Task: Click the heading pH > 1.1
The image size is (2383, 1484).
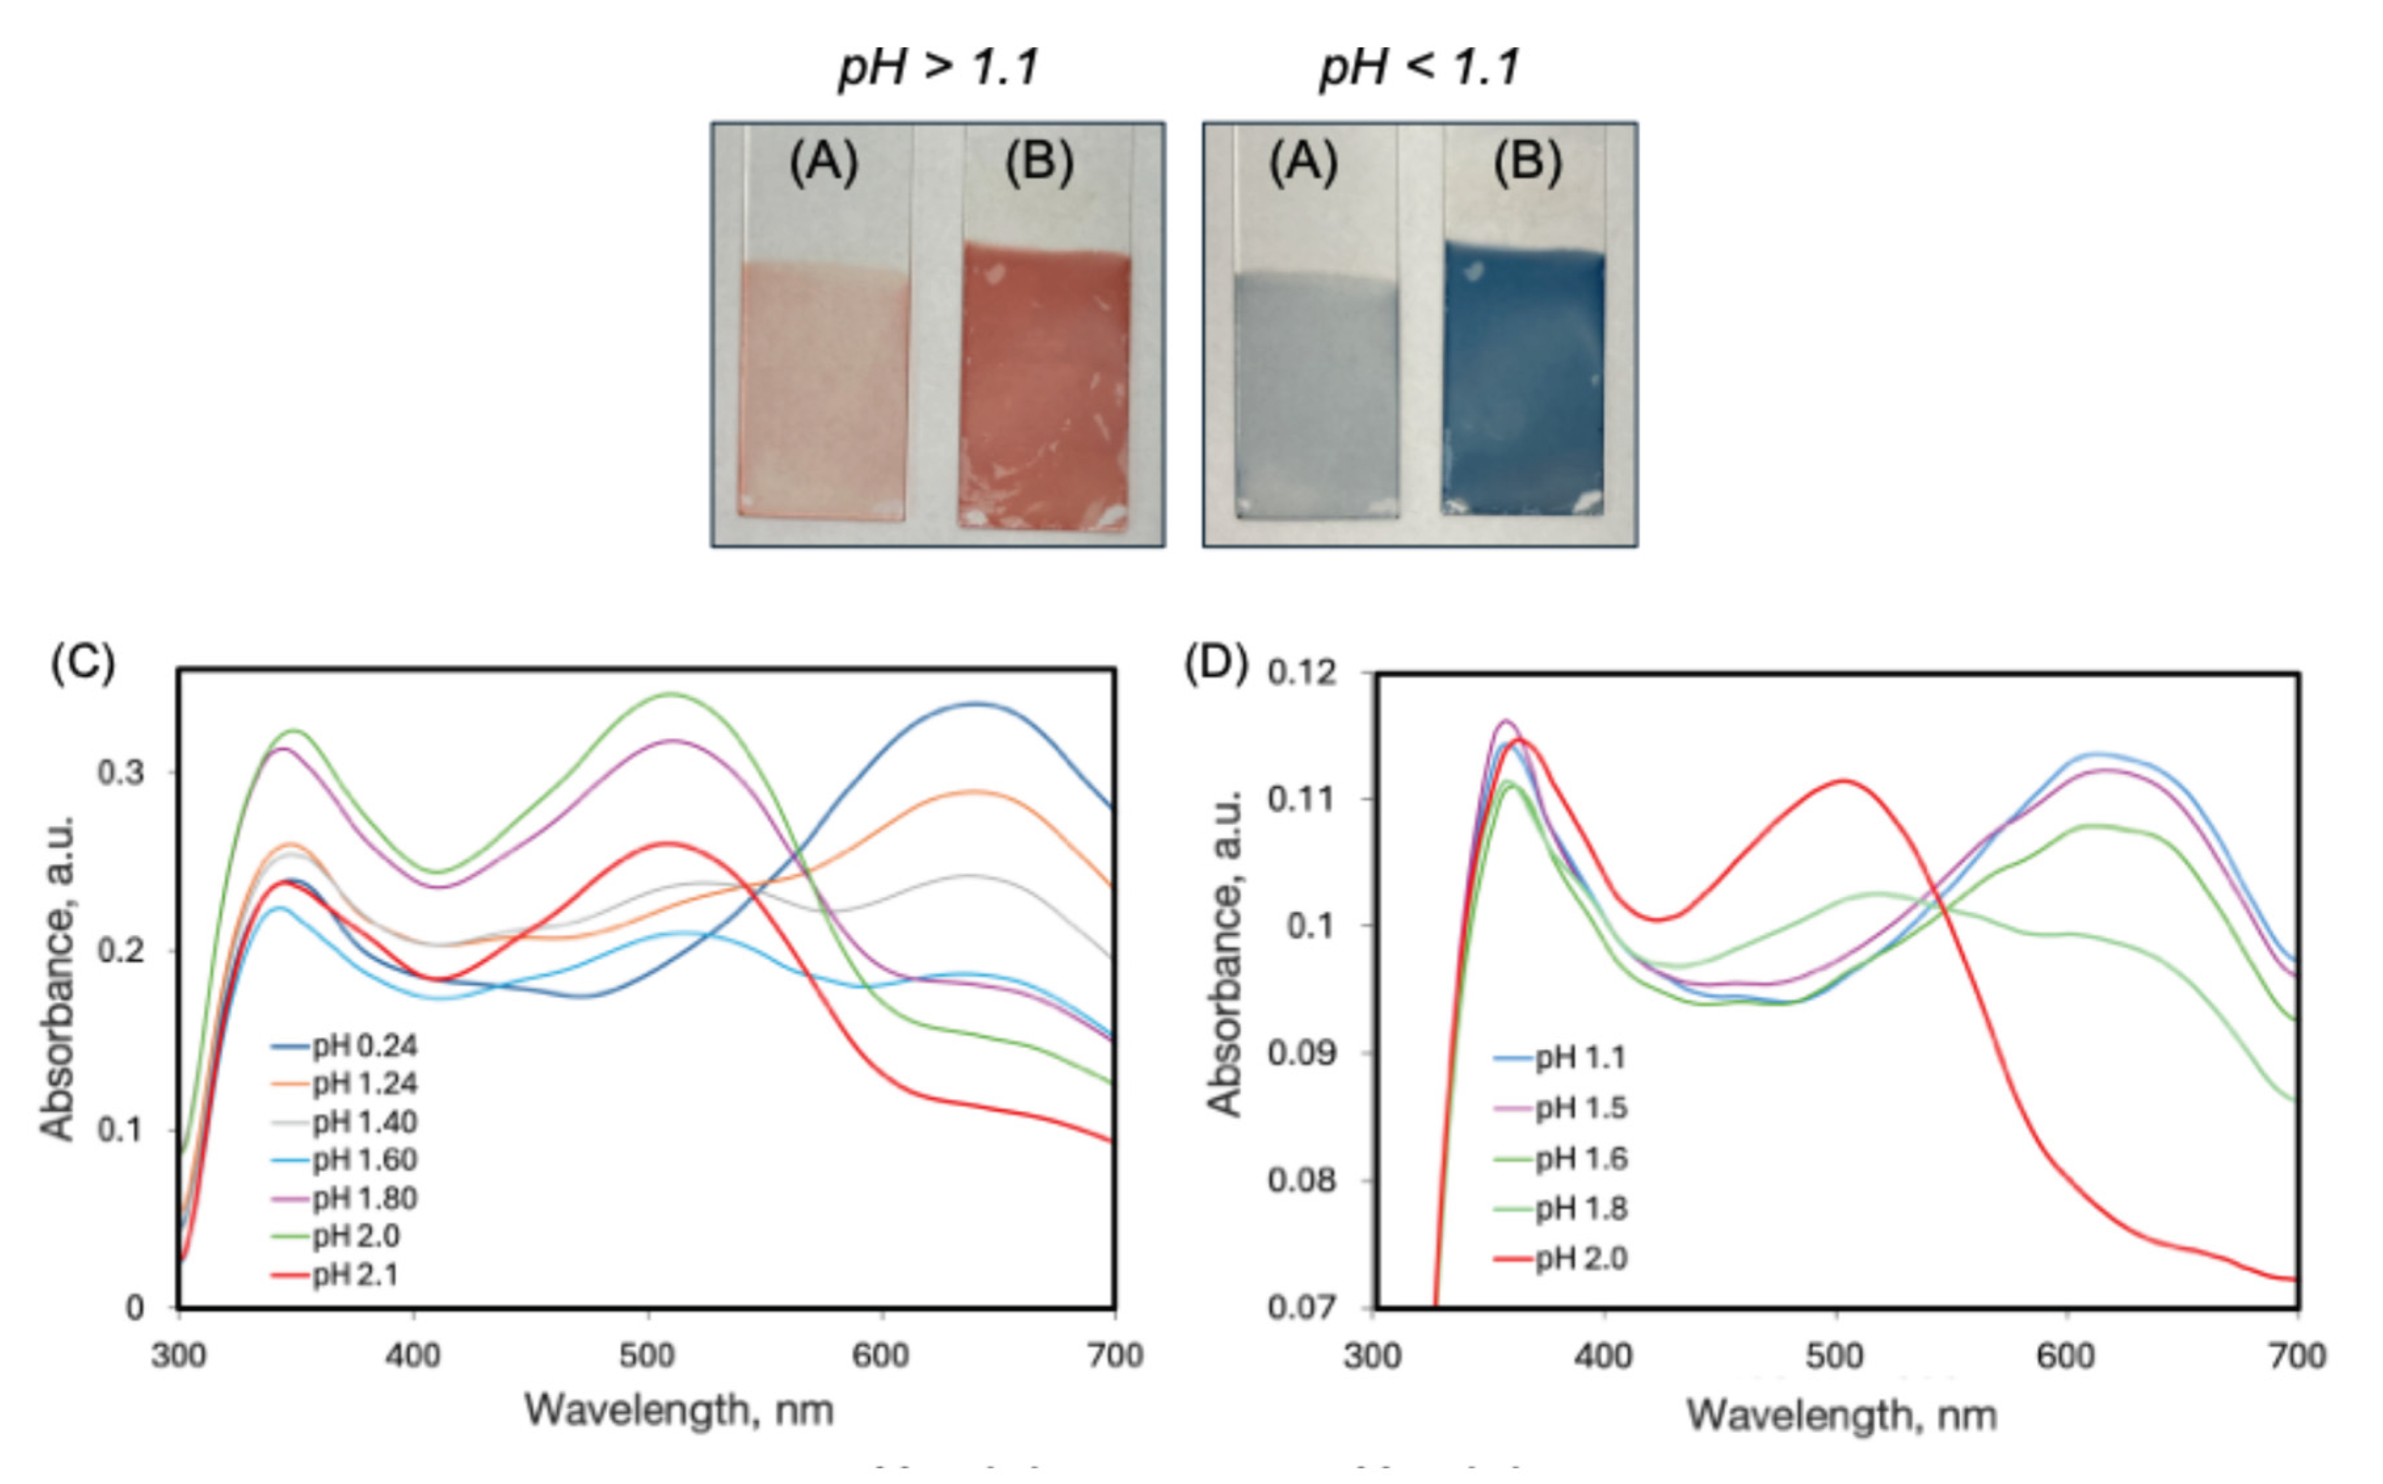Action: [x=938, y=68]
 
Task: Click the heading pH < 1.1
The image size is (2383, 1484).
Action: [x=1419, y=68]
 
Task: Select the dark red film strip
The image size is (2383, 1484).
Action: [x=1044, y=388]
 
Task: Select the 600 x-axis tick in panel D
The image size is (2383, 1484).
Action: [x=2066, y=1356]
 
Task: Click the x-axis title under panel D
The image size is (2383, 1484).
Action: [x=1841, y=1415]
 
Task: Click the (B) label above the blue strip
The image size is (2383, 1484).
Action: [x=1527, y=162]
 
